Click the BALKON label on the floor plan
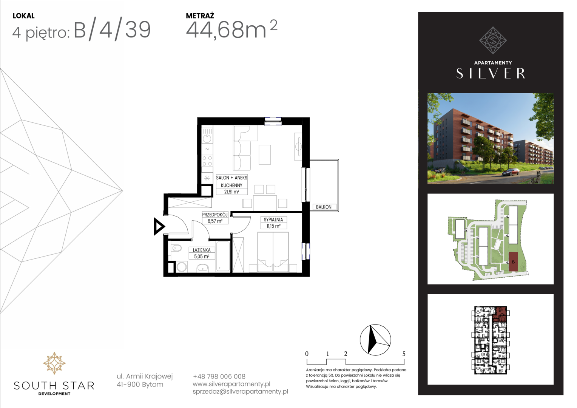[x=324, y=207]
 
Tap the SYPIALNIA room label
[x=273, y=219]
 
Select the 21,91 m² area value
[x=231, y=192]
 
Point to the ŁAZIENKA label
[x=201, y=250]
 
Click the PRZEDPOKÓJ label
[x=215, y=215]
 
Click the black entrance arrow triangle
[x=159, y=227]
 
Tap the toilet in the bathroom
[x=176, y=249]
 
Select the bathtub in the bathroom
[x=223, y=257]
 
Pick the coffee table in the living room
[x=265, y=155]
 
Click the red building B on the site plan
[x=513, y=262]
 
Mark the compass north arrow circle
[x=375, y=340]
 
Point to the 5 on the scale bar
[x=404, y=354]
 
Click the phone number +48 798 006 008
[x=219, y=376]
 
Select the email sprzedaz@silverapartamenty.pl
[x=240, y=391]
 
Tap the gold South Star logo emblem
[x=54, y=363]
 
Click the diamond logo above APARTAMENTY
[x=493, y=40]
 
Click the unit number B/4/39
[x=112, y=31]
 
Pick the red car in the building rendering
[x=511, y=172]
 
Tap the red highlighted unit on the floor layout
[x=500, y=314]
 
